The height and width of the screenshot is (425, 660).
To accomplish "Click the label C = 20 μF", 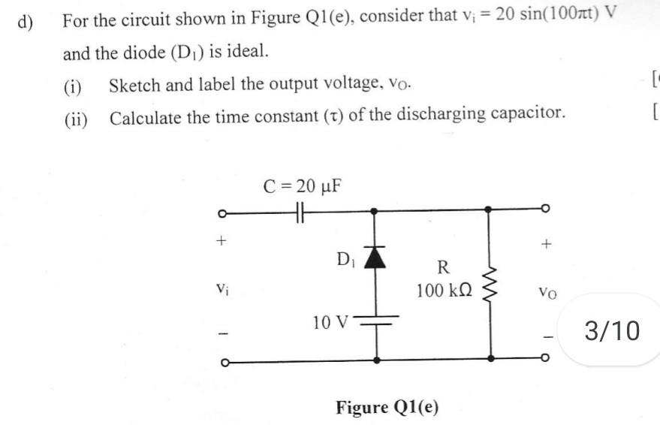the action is coord(303,185).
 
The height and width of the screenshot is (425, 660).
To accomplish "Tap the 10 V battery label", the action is coord(330,323).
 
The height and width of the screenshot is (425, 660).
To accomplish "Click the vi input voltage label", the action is coord(221,287).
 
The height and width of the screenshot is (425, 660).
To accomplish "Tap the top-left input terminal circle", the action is coord(221,211).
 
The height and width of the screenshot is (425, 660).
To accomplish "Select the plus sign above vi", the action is coord(221,243).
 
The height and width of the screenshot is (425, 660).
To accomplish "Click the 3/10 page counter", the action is coord(614,330).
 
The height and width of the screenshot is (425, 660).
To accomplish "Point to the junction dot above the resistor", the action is coord(490,211).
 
